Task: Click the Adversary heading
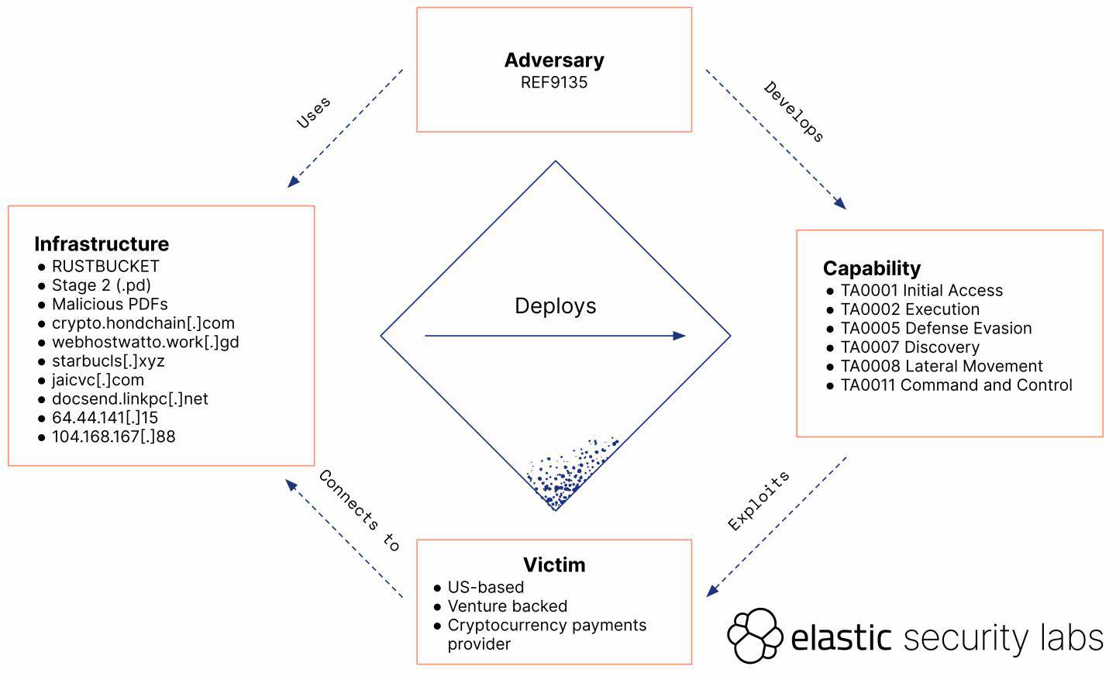[554, 60]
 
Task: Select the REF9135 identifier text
[554, 82]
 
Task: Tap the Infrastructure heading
[102, 243]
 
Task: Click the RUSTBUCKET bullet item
[105, 266]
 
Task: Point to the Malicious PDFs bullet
[109, 304]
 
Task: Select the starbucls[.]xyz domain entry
[108, 361]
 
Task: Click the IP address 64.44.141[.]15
[105, 418]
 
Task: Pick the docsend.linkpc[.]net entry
[129, 399]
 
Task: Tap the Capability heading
[872, 268]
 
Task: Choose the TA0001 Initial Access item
[921, 291]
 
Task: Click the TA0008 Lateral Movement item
[942, 366]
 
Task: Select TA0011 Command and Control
[956, 385]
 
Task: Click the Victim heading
[554, 564]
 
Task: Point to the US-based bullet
[485, 587]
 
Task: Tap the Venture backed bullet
[507, 606]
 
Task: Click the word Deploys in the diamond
[556, 305]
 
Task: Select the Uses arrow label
[314, 112]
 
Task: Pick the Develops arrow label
[794, 112]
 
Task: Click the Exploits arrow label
[759, 501]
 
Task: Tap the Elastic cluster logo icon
[754, 636]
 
